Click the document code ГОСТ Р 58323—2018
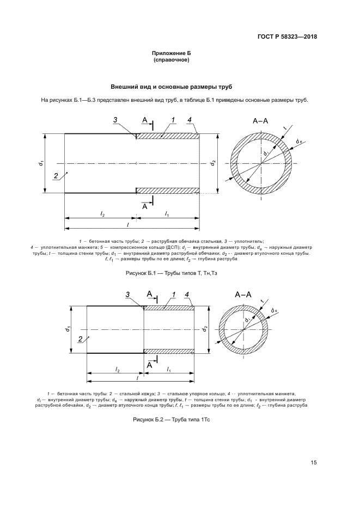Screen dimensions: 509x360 click(x=287, y=37)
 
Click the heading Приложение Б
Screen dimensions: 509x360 click(x=172, y=53)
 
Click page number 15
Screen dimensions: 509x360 click(x=313, y=463)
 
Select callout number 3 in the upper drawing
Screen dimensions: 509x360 click(x=115, y=120)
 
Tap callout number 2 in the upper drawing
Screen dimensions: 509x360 click(x=56, y=175)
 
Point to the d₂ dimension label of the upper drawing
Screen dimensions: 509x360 click(x=214, y=162)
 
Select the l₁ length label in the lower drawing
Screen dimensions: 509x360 click(x=169, y=370)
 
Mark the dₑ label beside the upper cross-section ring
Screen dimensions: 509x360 click(x=299, y=141)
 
